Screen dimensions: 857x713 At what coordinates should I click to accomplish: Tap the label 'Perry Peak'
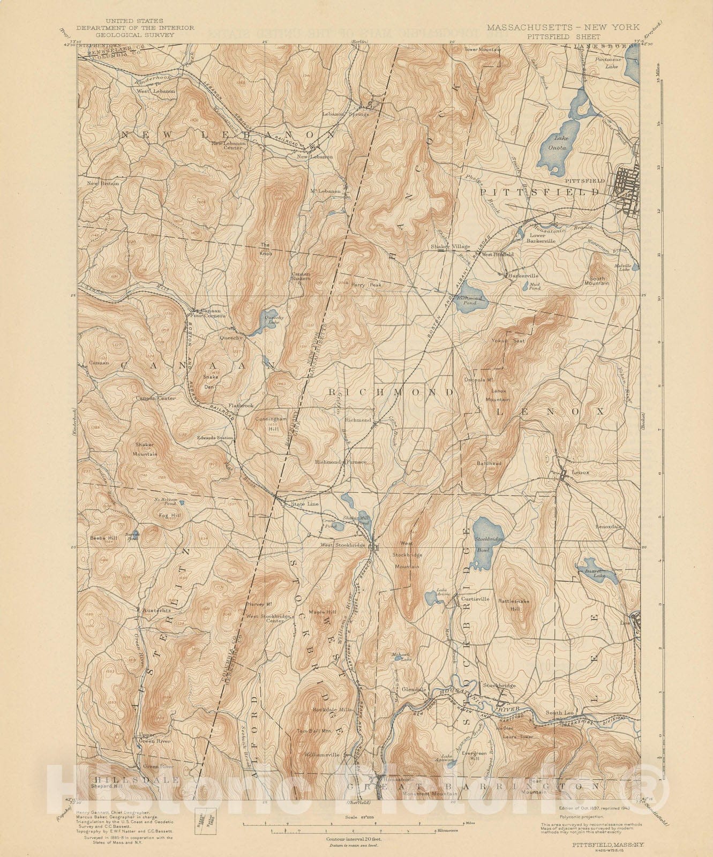pos(367,285)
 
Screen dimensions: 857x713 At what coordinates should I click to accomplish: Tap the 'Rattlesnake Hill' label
pos(513,605)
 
